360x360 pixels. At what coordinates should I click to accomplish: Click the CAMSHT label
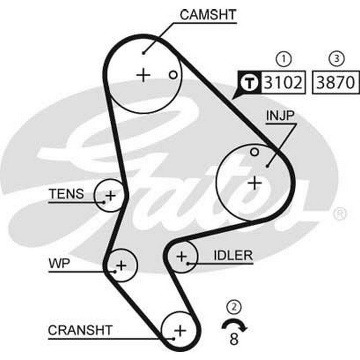(208, 15)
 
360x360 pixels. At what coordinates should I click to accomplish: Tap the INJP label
(280, 116)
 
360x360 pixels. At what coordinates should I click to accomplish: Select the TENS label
(67, 194)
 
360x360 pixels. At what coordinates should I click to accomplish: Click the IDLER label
(233, 255)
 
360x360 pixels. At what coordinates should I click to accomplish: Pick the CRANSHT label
(80, 330)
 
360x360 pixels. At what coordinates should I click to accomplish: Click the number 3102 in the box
(283, 82)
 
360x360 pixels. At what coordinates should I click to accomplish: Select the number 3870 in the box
(336, 82)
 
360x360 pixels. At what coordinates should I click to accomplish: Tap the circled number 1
(284, 59)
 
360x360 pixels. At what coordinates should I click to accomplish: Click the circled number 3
(337, 59)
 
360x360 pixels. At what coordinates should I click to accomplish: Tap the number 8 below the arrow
(234, 339)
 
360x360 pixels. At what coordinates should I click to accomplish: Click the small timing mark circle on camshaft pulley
(173, 75)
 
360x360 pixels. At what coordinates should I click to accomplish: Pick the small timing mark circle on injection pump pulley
(255, 152)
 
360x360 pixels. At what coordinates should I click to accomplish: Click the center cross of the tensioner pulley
(111, 196)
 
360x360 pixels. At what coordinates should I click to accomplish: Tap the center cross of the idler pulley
(181, 256)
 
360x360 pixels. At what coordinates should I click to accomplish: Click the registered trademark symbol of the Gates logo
(339, 214)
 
